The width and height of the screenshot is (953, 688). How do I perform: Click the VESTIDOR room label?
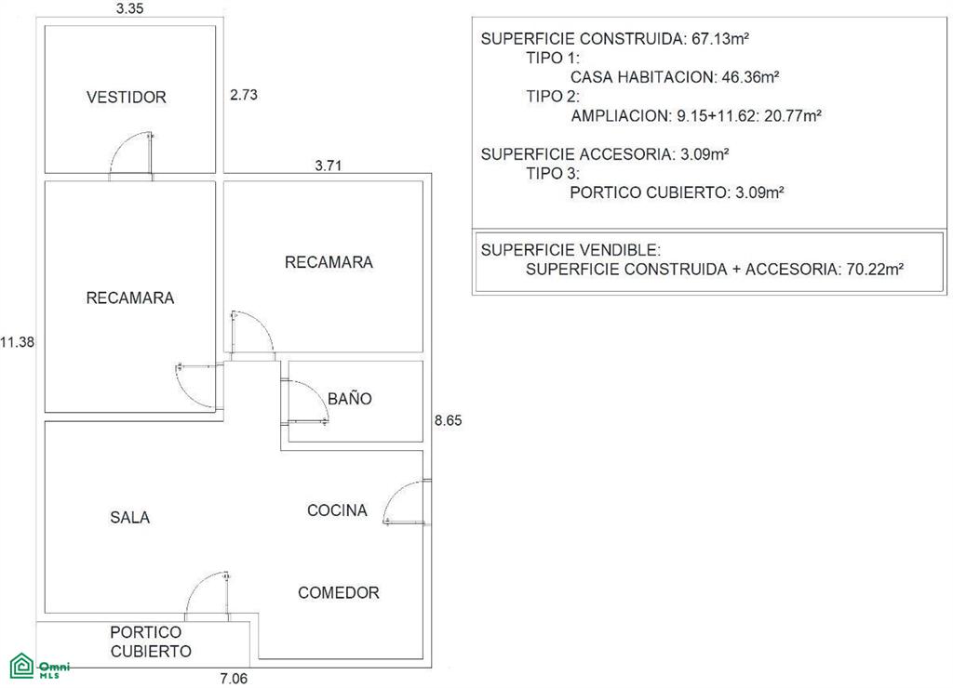point(127,98)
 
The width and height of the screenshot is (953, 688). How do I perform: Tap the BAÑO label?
point(350,398)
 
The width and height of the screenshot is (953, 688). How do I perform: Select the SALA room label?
point(130,517)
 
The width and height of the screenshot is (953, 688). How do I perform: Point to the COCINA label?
point(337,510)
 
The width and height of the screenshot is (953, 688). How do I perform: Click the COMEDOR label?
point(339,592)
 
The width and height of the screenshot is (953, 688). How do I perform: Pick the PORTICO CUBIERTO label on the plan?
point(151,642)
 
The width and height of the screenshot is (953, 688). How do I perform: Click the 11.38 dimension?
point(17,342)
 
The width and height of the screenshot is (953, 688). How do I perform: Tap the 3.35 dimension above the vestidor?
point(129,8)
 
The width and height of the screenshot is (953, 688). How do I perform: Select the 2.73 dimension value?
point(244,95)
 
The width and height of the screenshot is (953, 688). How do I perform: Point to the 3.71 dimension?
point(329,165)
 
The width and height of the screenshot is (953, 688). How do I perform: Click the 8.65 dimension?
point(448,420)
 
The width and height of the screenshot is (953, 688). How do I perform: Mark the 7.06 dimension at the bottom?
point(234,679)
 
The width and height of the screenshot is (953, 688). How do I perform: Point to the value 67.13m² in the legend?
point(720,39)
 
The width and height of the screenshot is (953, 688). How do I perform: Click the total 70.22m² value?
point(875,269)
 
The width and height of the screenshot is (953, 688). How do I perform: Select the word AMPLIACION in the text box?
point(620,116)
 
